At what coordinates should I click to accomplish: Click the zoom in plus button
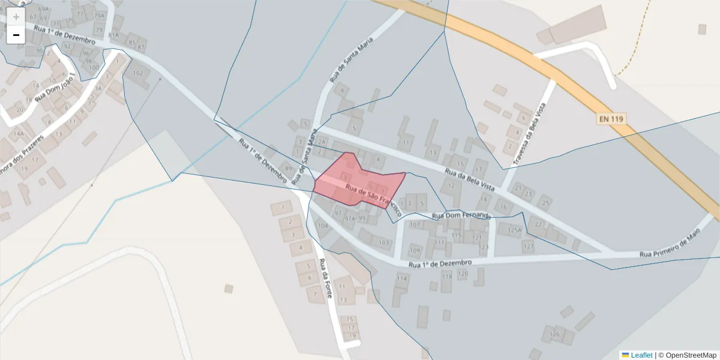click(x=16, y=17)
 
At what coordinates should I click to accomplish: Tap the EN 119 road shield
click(x=611, y=119)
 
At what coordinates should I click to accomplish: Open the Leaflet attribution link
click(x=641, y=355)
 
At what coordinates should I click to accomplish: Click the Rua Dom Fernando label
click(x=461, y=215)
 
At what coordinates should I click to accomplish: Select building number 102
click(x=138, y=73)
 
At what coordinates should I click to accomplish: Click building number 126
click(x=554, y=334)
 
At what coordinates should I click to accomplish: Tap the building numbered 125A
click(x=515, y=229)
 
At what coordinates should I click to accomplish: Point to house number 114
click(x=402, y=278)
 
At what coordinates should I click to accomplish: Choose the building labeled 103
click(x=384, y=242)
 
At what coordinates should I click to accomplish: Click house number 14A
click(x=19, y=134)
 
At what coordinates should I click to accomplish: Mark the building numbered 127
click(x=528, y=245)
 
